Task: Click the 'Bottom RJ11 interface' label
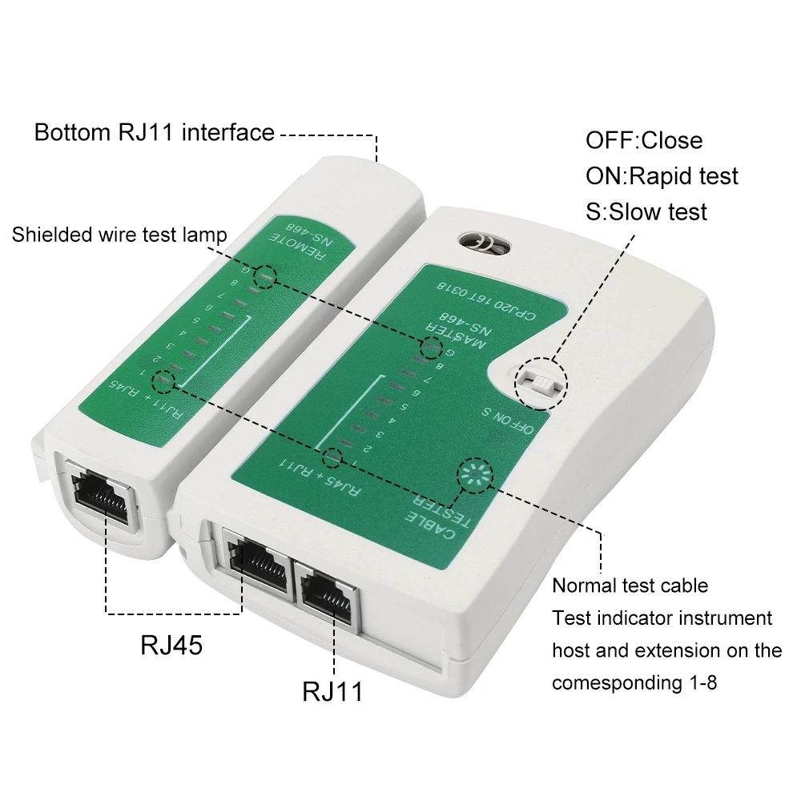click(154, 132)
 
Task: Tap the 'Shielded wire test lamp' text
click(119, 235)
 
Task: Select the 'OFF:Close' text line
click(644, 140)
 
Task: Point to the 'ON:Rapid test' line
click(662, 175)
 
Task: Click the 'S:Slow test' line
click(646, 211)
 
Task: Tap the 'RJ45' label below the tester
click(171, 645)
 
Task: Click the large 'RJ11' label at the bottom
click(332, 690)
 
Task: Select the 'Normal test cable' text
click(630, 586)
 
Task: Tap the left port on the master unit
click(258, 561)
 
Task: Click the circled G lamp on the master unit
click(431, 348)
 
